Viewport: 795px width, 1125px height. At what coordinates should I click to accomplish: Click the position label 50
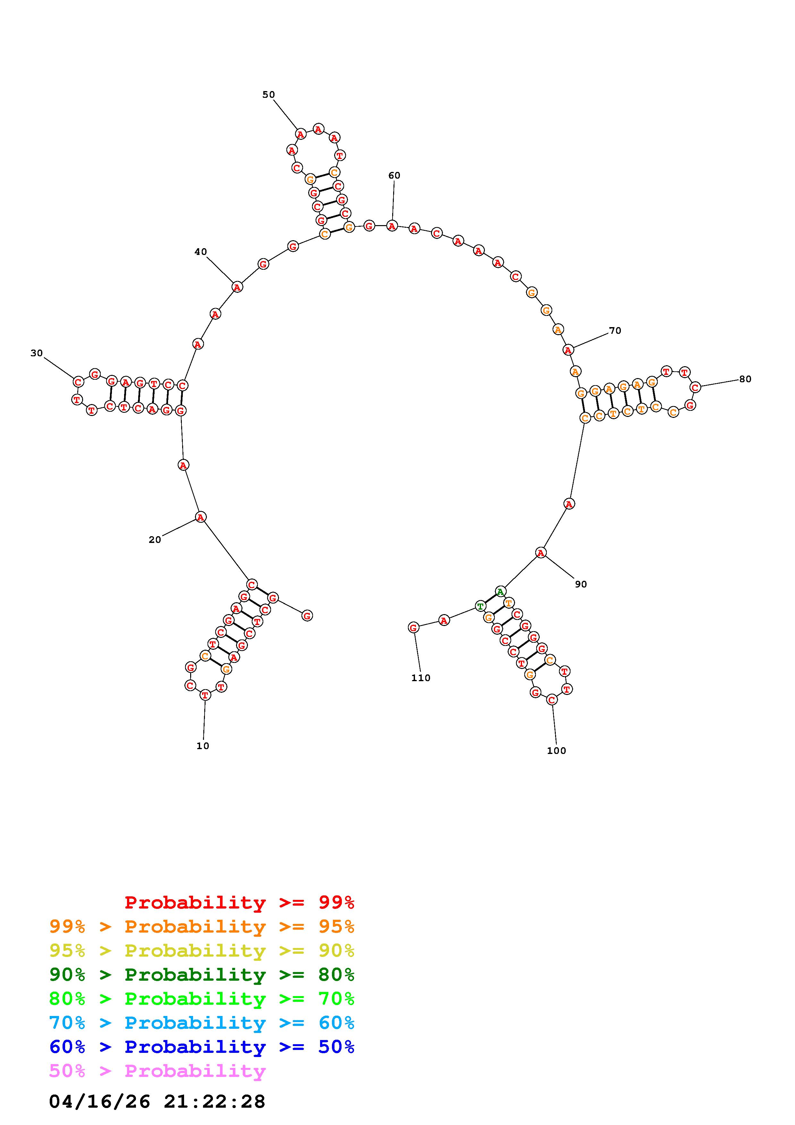268,95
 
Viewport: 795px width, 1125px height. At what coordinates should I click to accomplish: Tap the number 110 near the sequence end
421,678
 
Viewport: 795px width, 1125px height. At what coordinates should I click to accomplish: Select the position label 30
37,353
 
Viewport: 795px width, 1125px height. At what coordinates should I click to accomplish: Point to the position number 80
745,379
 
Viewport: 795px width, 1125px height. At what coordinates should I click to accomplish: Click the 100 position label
556,750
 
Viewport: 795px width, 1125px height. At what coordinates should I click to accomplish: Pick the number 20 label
155,539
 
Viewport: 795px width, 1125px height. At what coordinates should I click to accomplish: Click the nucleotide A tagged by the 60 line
392,226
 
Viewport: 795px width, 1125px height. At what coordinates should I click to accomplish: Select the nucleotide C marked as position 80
695,387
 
